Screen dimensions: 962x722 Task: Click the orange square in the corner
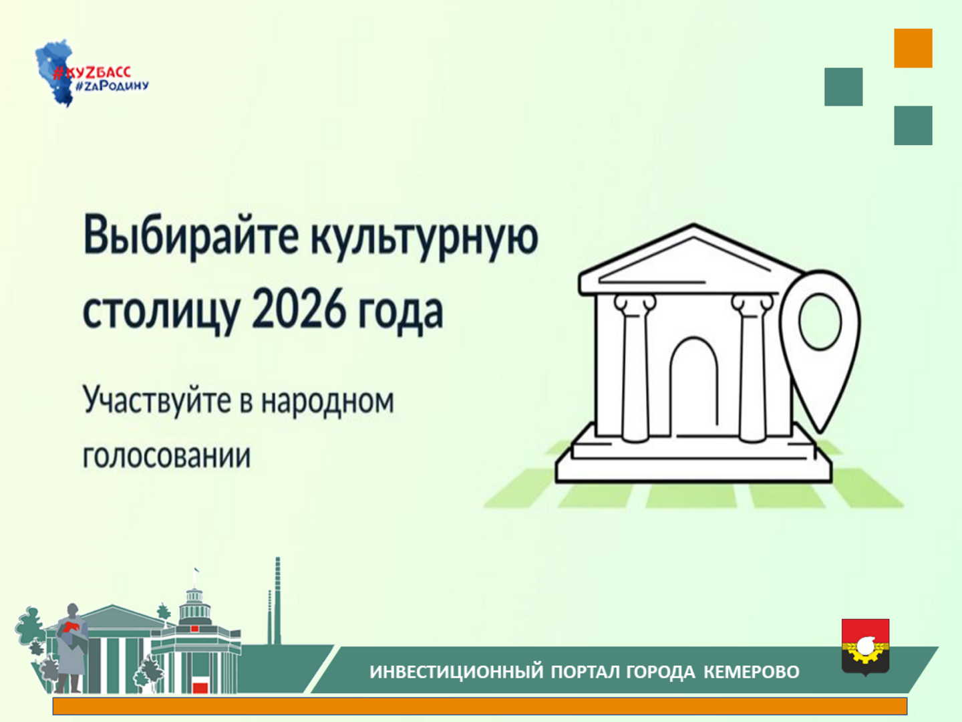(x=913, y=48)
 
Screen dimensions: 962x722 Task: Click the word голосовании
(x=167, y=457)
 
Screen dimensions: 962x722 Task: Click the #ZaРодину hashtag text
(x=112, y=86)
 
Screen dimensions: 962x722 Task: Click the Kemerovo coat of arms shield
(x=866, y=647)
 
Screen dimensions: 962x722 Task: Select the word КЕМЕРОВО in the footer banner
(x=752, y=672)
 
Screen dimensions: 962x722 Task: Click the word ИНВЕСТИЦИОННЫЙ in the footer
(x=456, y=672)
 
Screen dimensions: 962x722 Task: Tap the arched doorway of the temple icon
(x=694, y=386)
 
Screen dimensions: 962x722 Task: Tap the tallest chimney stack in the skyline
(x=277, y=600)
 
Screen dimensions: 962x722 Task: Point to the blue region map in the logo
(x=55, y=73)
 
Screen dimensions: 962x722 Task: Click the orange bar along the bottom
(x=480, y=706)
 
